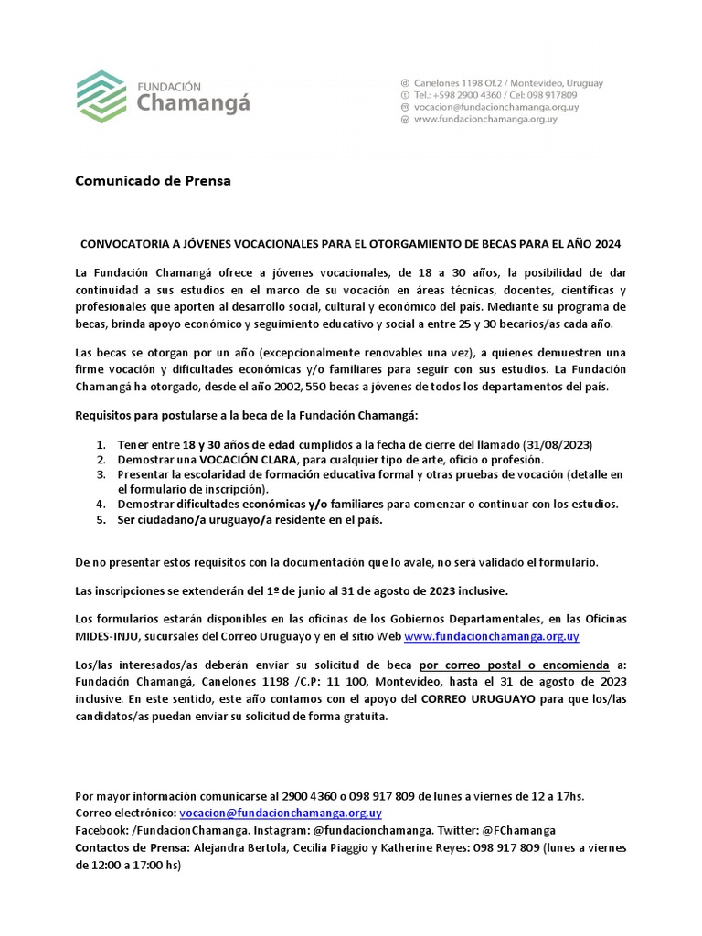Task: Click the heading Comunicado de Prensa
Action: coord(153,180)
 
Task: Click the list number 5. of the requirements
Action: coord(101,519)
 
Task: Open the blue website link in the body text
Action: coord(491,636)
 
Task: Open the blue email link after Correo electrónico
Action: coord(281,812)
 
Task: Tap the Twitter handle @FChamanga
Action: coord(518,830)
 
